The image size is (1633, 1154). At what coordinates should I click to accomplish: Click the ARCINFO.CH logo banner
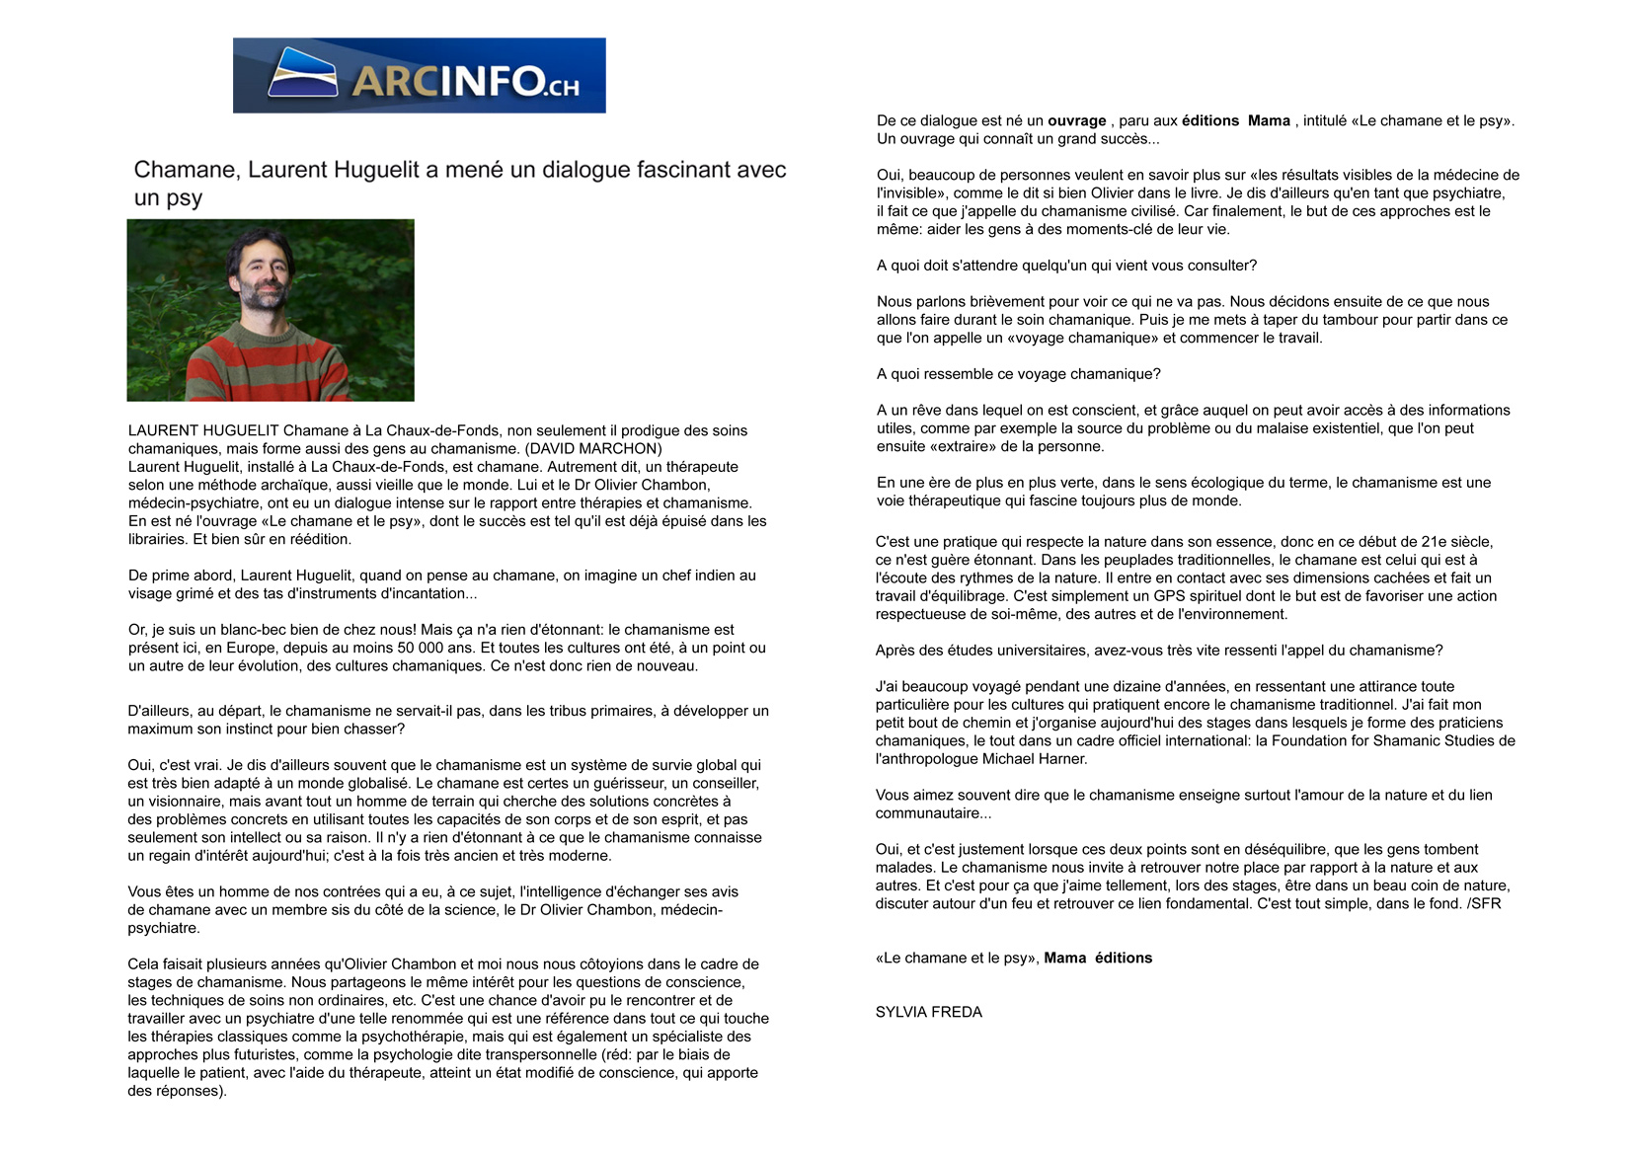point(419,76)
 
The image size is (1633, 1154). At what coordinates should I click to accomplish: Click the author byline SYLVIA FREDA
point(928,1012)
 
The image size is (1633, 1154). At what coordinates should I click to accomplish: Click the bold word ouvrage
point(1076,121)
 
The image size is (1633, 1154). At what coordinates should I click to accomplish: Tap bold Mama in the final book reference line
point(1064,959)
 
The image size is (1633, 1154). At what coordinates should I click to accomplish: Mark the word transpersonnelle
point(526,1055)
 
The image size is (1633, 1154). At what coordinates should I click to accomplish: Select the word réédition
point(318,540)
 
